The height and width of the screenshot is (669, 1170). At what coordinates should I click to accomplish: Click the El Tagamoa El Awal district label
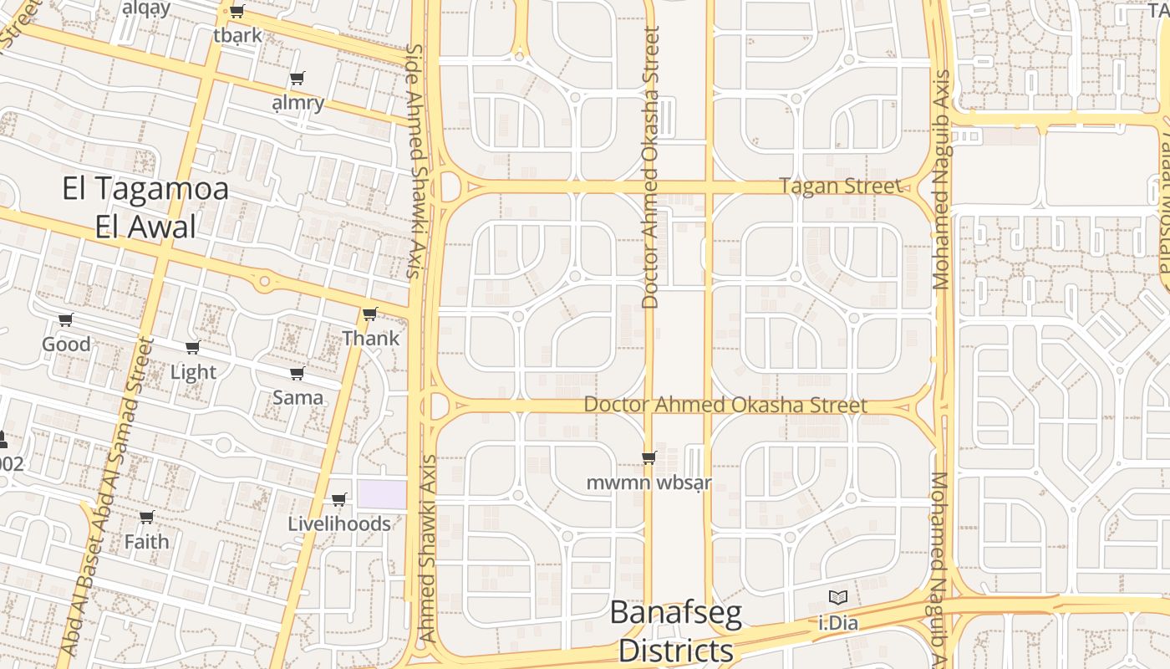145,207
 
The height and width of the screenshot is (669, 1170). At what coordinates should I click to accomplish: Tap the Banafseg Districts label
675,631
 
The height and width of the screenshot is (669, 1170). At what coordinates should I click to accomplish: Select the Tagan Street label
841,186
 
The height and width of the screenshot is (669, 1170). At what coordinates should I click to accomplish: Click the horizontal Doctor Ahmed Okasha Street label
725,405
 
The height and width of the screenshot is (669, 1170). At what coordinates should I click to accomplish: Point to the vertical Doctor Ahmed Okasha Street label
651,167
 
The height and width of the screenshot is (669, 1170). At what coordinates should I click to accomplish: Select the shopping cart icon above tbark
237,12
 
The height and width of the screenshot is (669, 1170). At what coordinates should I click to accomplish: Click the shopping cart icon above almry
297,79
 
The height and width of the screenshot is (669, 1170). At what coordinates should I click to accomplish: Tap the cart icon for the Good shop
65,319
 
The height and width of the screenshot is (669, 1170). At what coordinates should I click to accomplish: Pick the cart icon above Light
192,347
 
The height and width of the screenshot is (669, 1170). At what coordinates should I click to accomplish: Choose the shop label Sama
298,397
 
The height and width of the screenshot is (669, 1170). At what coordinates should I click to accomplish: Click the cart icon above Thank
369,314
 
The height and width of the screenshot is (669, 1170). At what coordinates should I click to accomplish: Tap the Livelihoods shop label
339,523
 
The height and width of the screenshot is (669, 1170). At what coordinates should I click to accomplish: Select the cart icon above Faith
146,517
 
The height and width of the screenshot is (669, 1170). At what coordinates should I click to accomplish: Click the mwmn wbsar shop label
649,483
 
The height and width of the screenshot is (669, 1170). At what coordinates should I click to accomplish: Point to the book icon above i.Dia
837,597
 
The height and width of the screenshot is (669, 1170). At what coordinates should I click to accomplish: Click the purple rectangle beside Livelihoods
382,493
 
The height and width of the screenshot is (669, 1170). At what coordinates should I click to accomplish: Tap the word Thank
371,339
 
